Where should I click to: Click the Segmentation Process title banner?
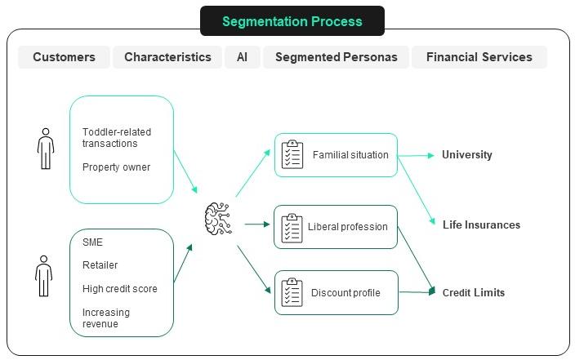click(292, 21)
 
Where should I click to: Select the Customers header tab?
click(64, 57)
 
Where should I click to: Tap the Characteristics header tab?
click(167, 57)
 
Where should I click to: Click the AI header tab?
click(243, 57)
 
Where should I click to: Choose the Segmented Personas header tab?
click(336, 57)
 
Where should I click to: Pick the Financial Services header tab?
click(479, 57)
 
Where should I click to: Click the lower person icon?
click(43, 275)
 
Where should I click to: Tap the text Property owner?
click(116, 167)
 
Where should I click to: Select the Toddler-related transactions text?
click(116, 137)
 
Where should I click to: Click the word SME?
click(92, 242)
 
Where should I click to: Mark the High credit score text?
click(119, 288)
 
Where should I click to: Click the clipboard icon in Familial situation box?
click(292, 154)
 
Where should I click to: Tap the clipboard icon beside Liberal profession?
click(292, 227)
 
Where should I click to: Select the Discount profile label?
click(345, 293)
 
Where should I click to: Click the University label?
click(466, 154)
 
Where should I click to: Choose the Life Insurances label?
click(481, 224)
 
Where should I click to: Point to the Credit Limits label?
click(473, 292)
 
